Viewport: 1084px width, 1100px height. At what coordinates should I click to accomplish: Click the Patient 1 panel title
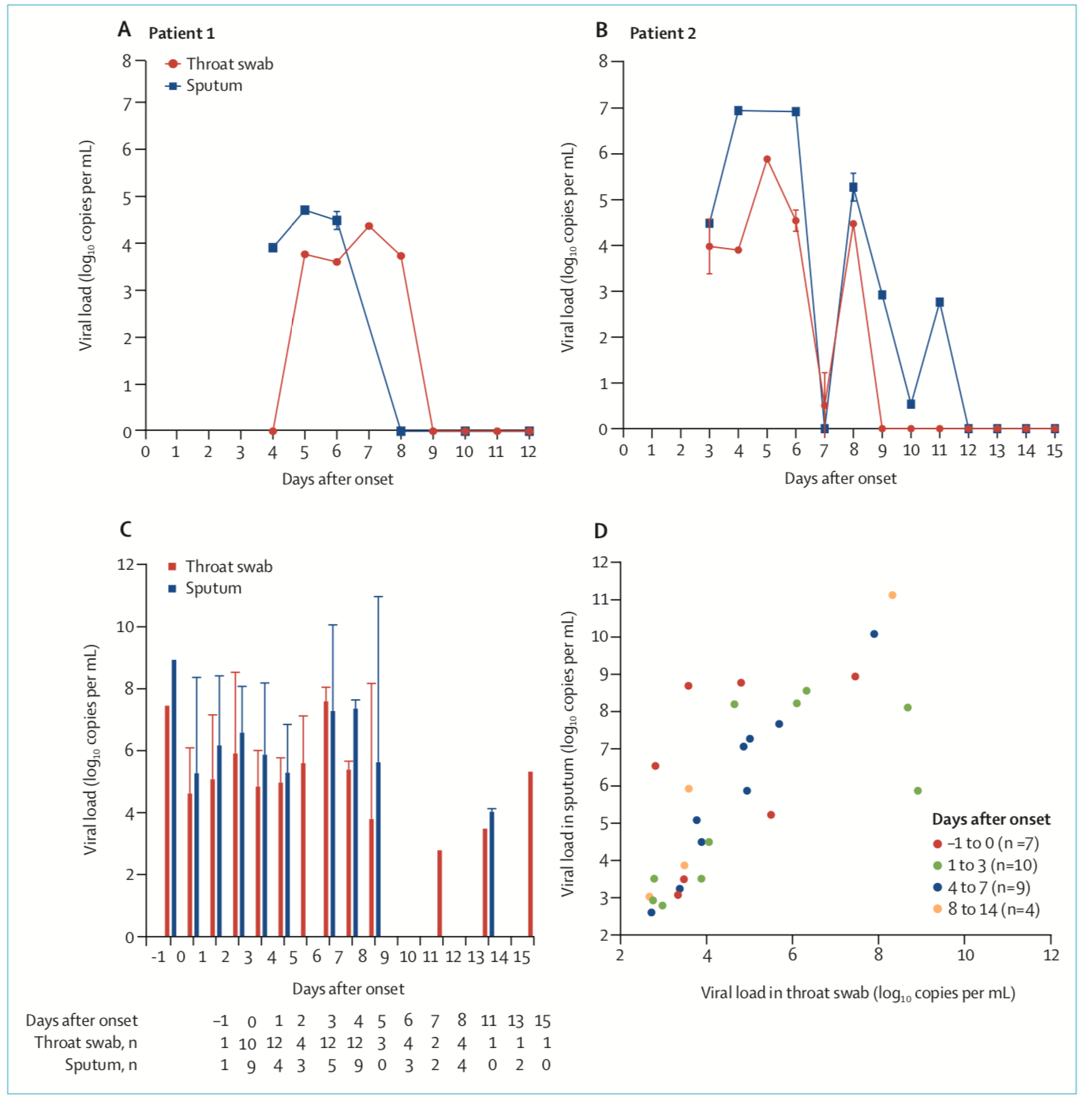[x=181, y=33]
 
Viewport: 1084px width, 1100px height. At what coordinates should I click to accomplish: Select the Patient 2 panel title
[x=662, y=33]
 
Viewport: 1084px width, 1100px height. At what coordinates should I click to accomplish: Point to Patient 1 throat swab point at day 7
[x=368, y=226]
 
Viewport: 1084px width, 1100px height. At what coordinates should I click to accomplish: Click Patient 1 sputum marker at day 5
[x=305, y=210]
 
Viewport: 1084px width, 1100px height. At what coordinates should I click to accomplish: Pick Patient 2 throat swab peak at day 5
[x=767, y=159]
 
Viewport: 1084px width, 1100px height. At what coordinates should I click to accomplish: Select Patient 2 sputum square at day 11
[x=940, y=302]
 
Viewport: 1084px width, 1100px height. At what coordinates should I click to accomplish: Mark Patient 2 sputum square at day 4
[x=738, y=111]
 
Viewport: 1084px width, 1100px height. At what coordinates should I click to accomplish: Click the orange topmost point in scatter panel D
[x=892, y=595]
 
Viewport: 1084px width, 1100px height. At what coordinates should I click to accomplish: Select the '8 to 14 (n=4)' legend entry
[x=993, y=910]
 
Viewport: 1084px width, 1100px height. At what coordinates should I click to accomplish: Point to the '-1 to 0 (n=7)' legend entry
[x=992, y=844]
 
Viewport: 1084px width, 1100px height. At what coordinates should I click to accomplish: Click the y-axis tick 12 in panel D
[x=600, y=563]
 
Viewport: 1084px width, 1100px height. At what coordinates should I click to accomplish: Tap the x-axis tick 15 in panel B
[x=1055, y=451]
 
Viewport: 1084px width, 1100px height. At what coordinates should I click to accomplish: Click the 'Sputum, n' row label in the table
[x=101, y=1065]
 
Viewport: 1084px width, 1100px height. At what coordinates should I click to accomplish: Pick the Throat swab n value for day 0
[x=248, y=1044]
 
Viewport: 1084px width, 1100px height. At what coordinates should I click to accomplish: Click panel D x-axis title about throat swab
[x=858, y=993]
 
